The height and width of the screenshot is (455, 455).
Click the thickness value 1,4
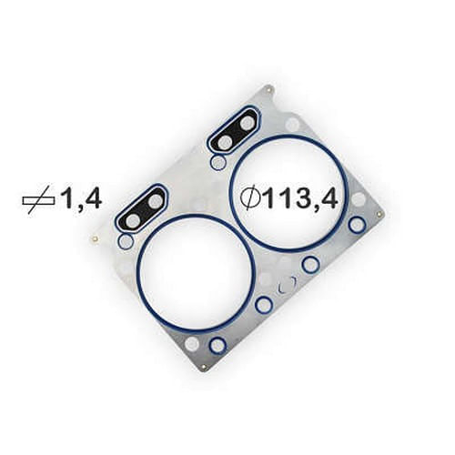(80, 199)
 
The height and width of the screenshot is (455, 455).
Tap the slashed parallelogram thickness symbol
(38, 200)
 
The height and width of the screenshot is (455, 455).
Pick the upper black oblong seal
(235, 130)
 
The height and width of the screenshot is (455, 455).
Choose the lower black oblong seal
(142, 208)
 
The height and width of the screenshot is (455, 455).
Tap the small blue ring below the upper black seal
(217, 162)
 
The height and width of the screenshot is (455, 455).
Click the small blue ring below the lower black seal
(126, 241)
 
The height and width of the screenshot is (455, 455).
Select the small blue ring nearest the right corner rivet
(358, 224)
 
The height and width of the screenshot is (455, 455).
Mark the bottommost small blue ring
(217, 345)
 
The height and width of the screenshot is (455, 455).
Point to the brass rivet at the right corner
(379, 215)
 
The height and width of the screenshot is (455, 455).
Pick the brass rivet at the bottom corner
(204, 368)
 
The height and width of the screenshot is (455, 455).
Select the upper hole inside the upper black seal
(247, 122)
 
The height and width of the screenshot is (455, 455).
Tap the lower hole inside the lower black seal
(133, 220)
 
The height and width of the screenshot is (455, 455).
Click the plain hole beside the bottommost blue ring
(192, 344)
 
